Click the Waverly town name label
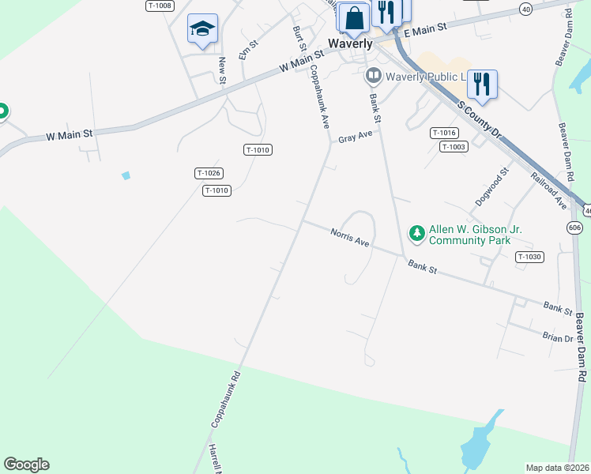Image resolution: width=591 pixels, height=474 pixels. tap(350, 44)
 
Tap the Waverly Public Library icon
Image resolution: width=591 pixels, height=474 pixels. tap(373, 77)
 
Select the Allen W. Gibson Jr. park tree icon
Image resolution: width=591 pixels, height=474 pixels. tap(416, 233)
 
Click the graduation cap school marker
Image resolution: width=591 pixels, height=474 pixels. tap(202, 29)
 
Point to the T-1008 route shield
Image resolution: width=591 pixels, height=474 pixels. tap(159, 6)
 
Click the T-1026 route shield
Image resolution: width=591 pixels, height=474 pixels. tap(209, 173)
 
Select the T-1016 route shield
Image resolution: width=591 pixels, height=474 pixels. tap(444, 134)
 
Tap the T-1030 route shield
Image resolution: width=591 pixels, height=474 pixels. tap(529, 257)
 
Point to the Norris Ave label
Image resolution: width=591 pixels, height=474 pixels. tap(350, 236)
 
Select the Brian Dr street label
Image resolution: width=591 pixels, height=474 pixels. tap(558, 338)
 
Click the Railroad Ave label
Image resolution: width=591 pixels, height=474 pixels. tap(549, 190)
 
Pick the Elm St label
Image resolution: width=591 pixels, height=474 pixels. tap(249, 51)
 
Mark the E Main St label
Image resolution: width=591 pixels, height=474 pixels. tap(425, 30)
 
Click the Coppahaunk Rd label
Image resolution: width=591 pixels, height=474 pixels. tap(225, 400)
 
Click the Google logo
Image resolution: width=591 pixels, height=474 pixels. tap(26, 465)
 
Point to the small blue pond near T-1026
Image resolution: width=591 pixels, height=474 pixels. tap(126, 175)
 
